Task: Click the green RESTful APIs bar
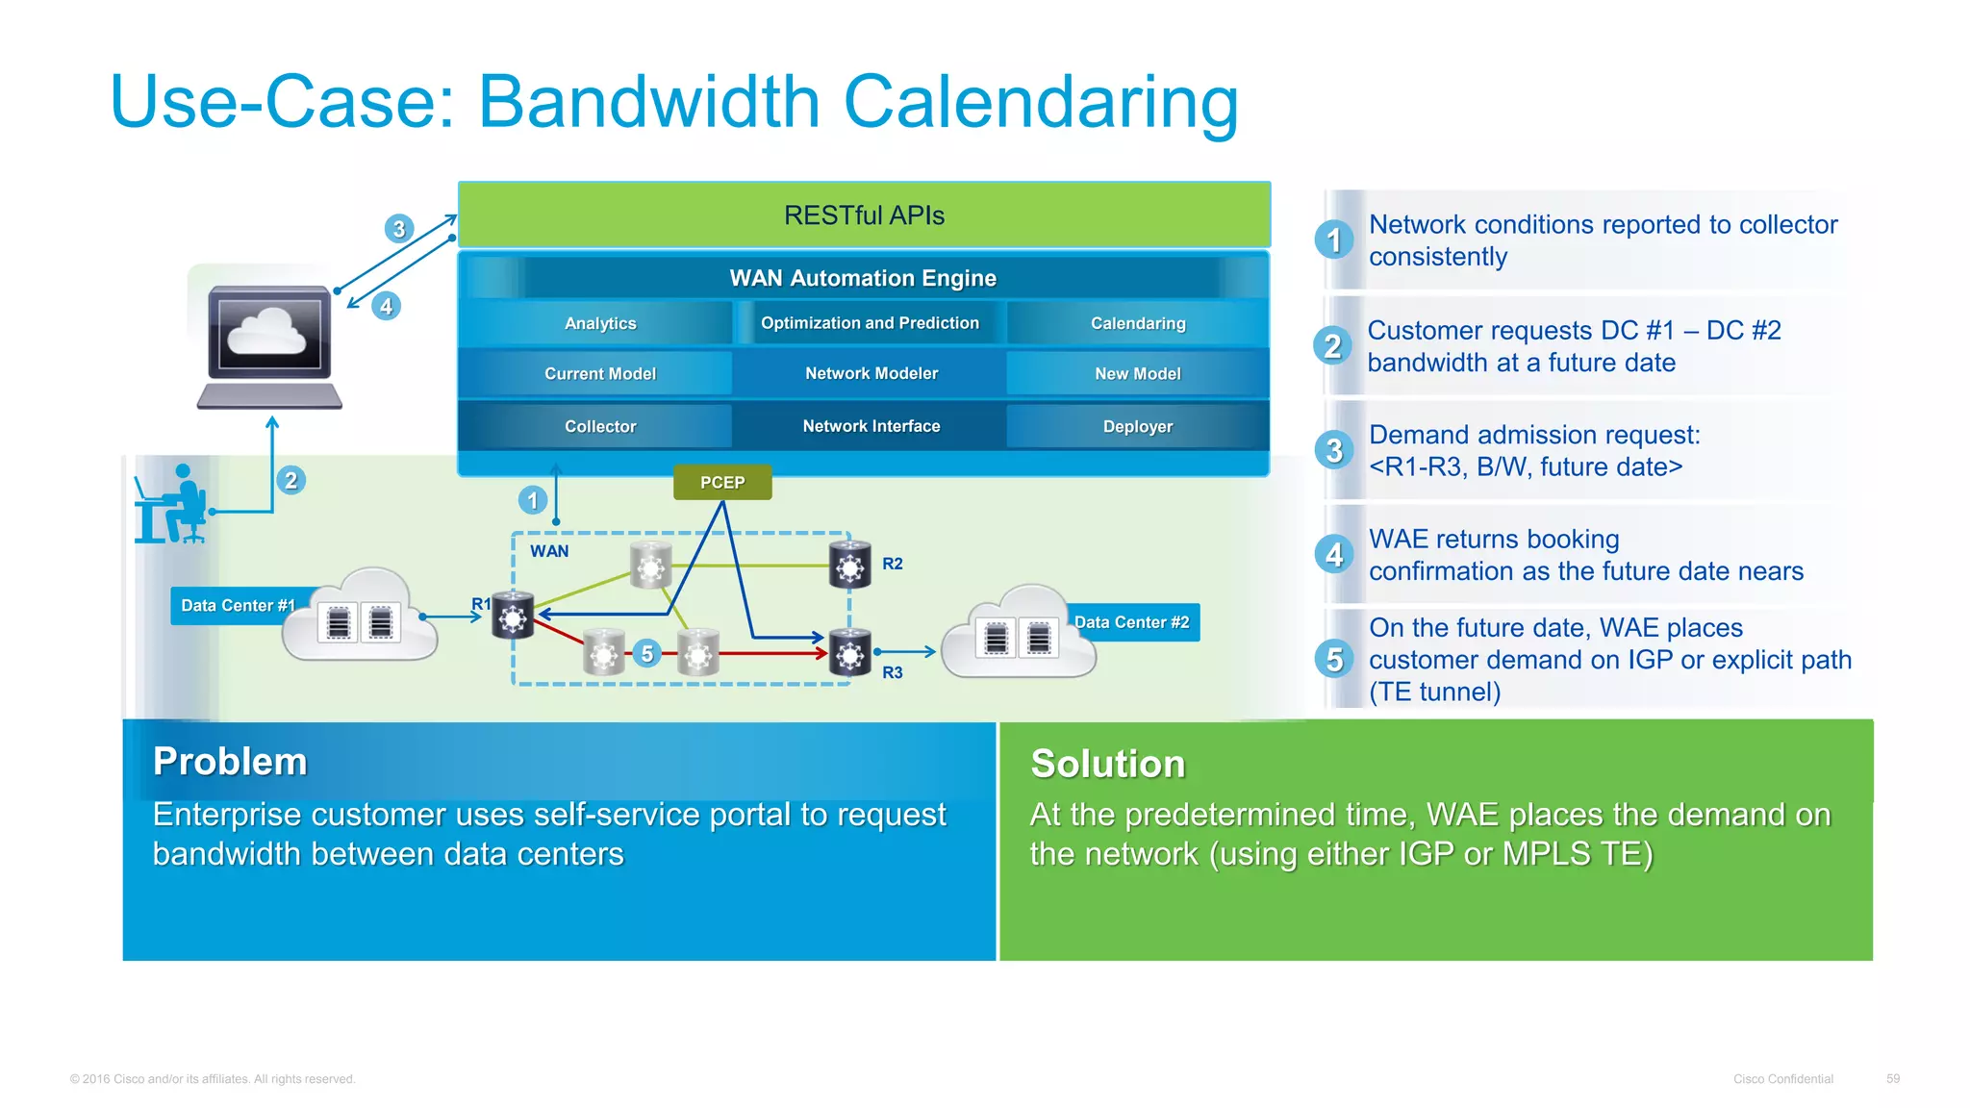tap(864, 214)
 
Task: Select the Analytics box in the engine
tap(599, 323)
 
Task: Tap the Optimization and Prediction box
tap(870, 323)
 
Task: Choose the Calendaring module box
tap(1137, 323)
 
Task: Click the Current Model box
tap(599, 373)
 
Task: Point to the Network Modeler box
tap(871, 373)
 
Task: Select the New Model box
tap(1137, 373)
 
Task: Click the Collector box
tap(599, 426)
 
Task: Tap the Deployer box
tap(1137, 426)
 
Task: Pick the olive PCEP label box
tap(721, 482)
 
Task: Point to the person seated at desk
tap(173, 505)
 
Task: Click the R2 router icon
tap(849, 566)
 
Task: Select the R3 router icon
tap(849, 655)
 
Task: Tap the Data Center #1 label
tap(237, 606)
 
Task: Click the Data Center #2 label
tap(1132, 622)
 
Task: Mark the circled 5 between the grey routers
tap(647, 654)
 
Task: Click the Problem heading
tap(230, 762)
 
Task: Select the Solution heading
tap(1107, 764)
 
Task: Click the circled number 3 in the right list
tap(1333, 450)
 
